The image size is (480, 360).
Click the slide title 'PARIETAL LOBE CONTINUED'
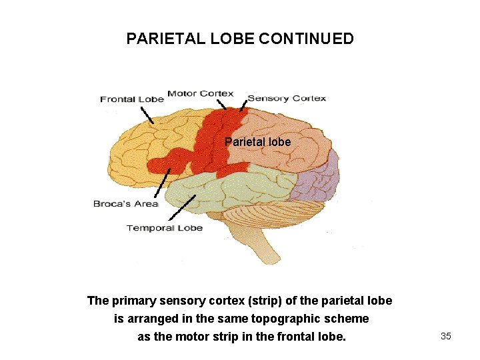pyautogui.click(x=240, y=39)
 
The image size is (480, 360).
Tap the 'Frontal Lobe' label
pyautogui.click(x=131, y=99)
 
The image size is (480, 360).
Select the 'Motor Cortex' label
pyautogui.click(x=200, y=93)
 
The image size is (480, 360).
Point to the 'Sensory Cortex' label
pyautogui.click(x=287, y=98)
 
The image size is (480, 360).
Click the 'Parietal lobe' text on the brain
pyautogui.click(x=257, y=142)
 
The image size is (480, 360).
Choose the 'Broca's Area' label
pyautogui.click(x=125, y=203)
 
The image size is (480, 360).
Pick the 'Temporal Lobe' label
pyautogui.click(x=165, y=228)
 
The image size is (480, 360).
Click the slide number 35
pyautogui.click(x=446, y=336)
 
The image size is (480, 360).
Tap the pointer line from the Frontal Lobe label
pyautogui.click(x=146, y=115)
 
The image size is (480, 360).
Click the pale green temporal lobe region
pyautogui.click(x=220, y=187)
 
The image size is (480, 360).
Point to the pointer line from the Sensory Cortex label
pyautogui.click(x=243, y=105)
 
